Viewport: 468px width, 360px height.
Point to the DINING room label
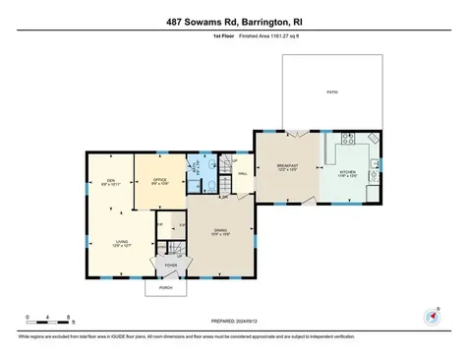pyautogui.click(x=221, y=232)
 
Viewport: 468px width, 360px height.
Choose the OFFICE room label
pyautogui.click(x=158, y=180)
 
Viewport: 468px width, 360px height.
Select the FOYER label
pyautogui.click(x=169, y=264)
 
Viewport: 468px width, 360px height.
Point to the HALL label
pyautogui.click(x=242, y=175)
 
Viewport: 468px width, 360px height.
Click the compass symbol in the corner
pyautogui.click(x=432, y=315)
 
